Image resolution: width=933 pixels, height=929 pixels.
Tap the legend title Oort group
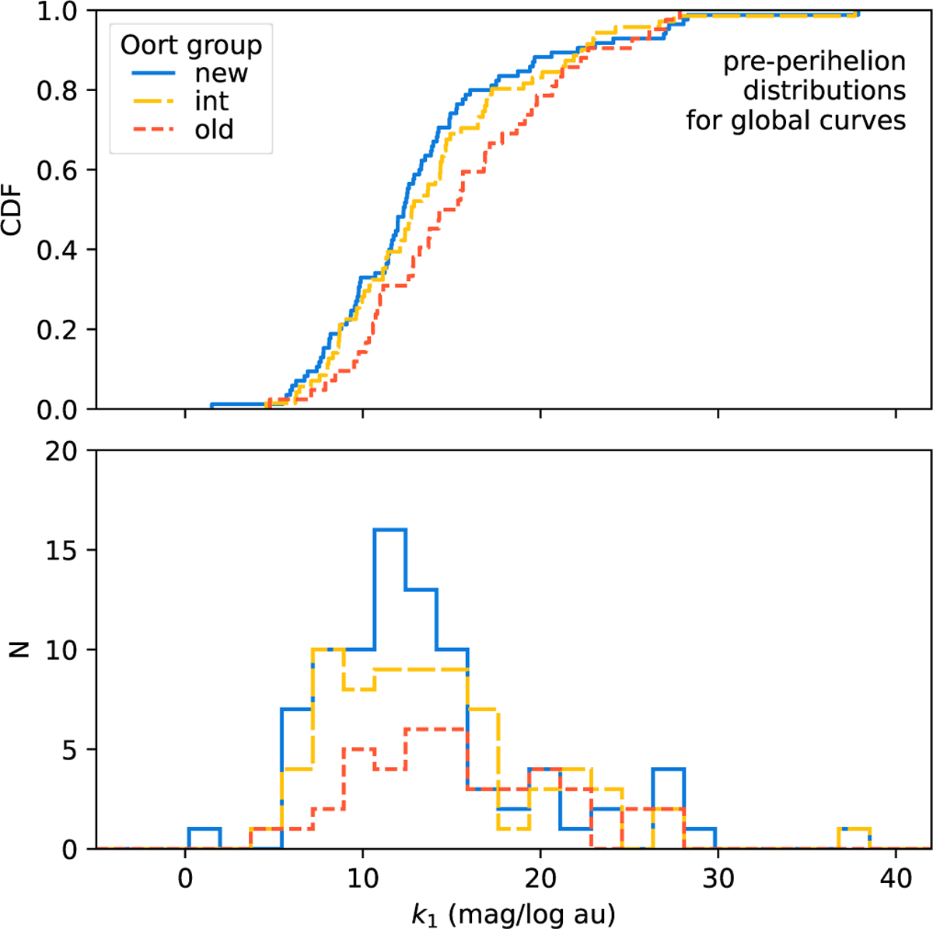point(190,45)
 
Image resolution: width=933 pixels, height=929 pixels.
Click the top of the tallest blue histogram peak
point(390,530)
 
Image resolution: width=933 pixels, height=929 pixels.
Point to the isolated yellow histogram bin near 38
point(854,829)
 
